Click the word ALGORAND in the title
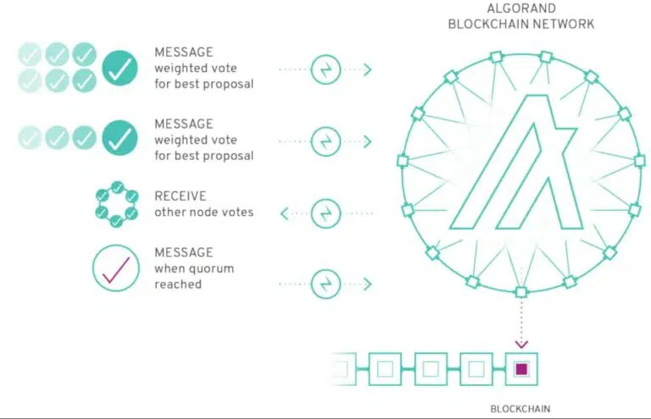pyautogui.click(x=521, y=8)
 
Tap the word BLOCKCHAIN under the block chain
pyautogui.click(x=520, y=409)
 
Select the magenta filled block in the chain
pyautogui.click(x=521, y=369)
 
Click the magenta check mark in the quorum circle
pyautogui.click(x=116, y=270)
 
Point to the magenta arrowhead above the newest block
pyautogui.click(x=521, y=344)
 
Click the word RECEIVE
pyautogui.click(x=181, y=196)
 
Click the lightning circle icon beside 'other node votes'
pyautogui.click(x=325, y=213)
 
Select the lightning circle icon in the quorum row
pyautogui.click(x=325, y=284)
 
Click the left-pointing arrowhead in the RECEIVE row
pyautogui.click(x=285, y=213)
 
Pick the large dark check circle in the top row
pyautogui.click(x=120, y=69)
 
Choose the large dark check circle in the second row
pyautogui.click(x=120, y=138)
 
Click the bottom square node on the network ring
pyautogui.click(x=521, y=292)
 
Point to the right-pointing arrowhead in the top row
pyautogui.click(x=367, y=69)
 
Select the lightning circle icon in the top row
pyautogui.click(x=325, y=69)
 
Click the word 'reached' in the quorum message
pyautogui.click(x=178, y=284)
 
